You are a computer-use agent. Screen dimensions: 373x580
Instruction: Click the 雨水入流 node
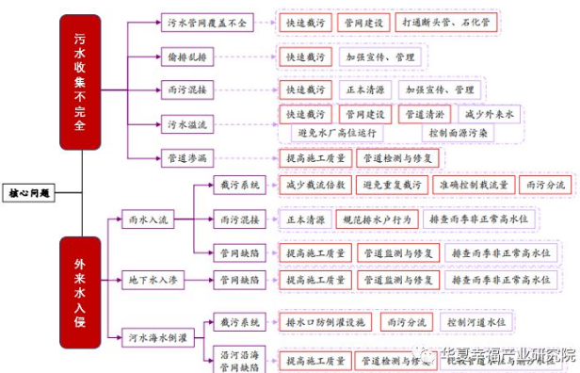(x=150, y=219)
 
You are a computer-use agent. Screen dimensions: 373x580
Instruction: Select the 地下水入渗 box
(x=153, y=280)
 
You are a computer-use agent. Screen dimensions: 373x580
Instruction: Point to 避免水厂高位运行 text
(x=329, y=132)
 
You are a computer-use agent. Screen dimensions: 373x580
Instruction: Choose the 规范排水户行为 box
(x=373, y=219)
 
